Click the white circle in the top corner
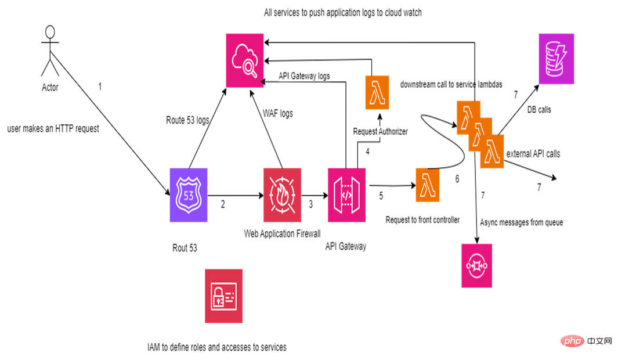click(x=50, y=32)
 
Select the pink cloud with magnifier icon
click(x=245, y=60)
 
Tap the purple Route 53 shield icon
click(x=189, y=195)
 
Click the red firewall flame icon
click(x=282, y=195)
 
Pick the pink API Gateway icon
click(x=347, y=195)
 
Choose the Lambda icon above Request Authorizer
click(x=377, y=92)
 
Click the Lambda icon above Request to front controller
click(x=428, y=185)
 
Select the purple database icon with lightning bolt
click(x=556, y=59)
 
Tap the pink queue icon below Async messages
click(x=477, y=265)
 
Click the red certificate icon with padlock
click(x=224, y=296)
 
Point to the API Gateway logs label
click(x=305, y=76)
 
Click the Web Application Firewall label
click(x=283, y=235)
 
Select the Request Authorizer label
click(x=381, y=132)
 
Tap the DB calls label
click(x=539, y=110)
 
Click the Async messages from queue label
click(x=522, y=222)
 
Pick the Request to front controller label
click(x=423, y=219)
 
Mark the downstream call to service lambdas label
click(x=451, y=85)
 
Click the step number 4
click(x=367, y=152)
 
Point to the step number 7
click(x=483, y=196)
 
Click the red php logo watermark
click(x=573, y=341)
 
